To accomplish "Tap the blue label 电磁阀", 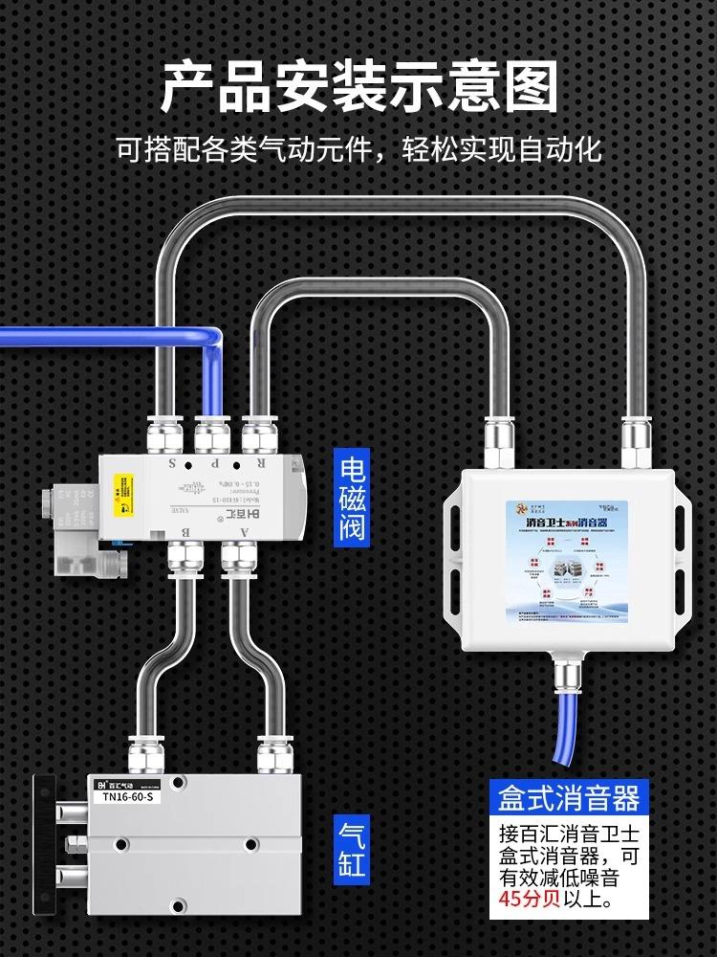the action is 353,497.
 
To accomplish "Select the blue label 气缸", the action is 352,847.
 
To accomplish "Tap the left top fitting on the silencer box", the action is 500,443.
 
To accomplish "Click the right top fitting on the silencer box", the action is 636,443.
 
